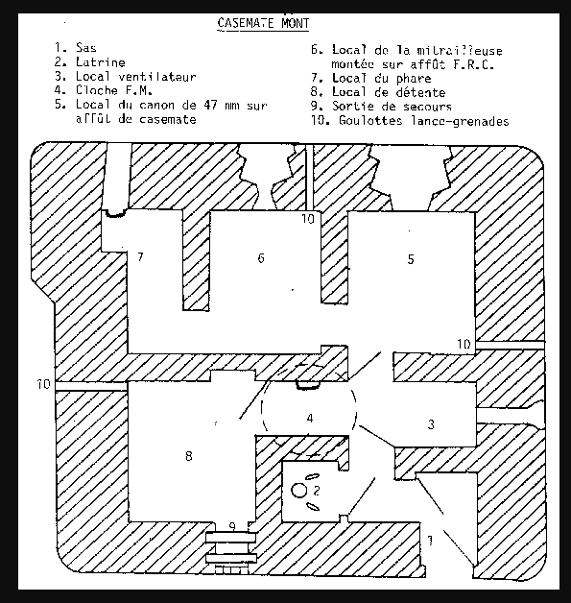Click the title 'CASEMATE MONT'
click(x=263, y=23)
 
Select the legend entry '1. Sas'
click(x=75, y=48)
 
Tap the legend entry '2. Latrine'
click(x=90, y=61)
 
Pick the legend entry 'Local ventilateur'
click(x=136, y=77)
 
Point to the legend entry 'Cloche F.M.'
click(x=114, y=90)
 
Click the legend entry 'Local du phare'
click(x=382, y=78)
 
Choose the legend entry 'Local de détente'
click(x=389, y=92)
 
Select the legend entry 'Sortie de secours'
click(x=392, y=107)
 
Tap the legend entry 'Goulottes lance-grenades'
click(x=424, y=121)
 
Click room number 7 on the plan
click(x=141, y=256)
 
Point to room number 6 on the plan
click(x=261, y=257)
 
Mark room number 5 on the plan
click(x=411, y=259)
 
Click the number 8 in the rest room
click(x=189, y=456)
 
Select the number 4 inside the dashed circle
click(x=310, y=418)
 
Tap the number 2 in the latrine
click(x=317, y=491)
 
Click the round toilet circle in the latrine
click(x=299, y=491)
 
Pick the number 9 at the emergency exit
click(x=232, y=526)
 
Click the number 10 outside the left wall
click(x=43, y=384)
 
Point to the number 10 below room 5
click(x=464, y=344)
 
